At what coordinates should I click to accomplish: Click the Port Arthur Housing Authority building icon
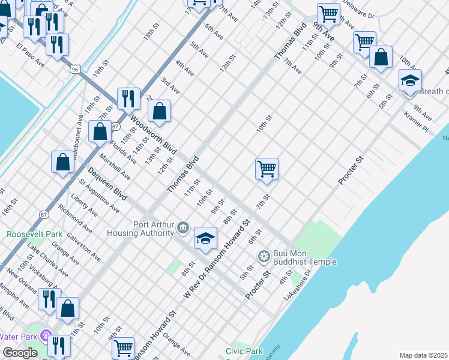pyautogui.click(x=184, y=228)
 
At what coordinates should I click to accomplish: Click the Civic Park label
pyautogui.click(x=244, y=351)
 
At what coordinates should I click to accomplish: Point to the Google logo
pyautogui.click(x=19, y=353)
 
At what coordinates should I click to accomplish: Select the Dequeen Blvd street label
pyautogui.click(x=107, y=184)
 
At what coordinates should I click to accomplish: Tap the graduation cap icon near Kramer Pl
pyautogui.click(x=410, y=80)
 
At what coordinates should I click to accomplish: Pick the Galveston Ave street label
pyautogui.click(x=84, y=246)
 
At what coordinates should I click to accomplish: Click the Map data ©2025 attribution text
pyautogui.click(x=423, y=355)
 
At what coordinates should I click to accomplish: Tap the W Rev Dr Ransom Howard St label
pyautogui.click(x=216, y=259)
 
